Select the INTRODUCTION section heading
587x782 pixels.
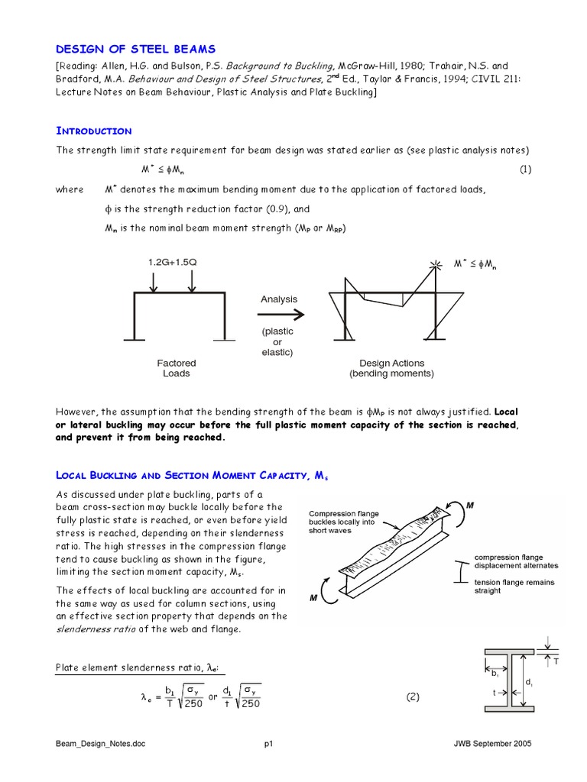tap(93, 131)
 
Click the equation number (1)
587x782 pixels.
tap(525, 170)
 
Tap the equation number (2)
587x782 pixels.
tap(413, 696)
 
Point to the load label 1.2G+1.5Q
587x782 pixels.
tap(173, 262)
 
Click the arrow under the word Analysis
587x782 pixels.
tap(279, 314)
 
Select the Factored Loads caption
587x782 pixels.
tap(176, 368)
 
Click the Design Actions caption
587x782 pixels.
tap(391, 368)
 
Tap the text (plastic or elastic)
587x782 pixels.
tap(277, 342)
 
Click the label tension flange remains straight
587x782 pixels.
tap(514, 586)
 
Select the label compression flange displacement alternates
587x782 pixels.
tap(516, 561)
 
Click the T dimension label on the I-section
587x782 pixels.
tap(556, 661)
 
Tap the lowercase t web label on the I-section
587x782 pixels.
tap(496, 693)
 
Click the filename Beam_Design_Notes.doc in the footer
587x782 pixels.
tap(102, 743)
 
